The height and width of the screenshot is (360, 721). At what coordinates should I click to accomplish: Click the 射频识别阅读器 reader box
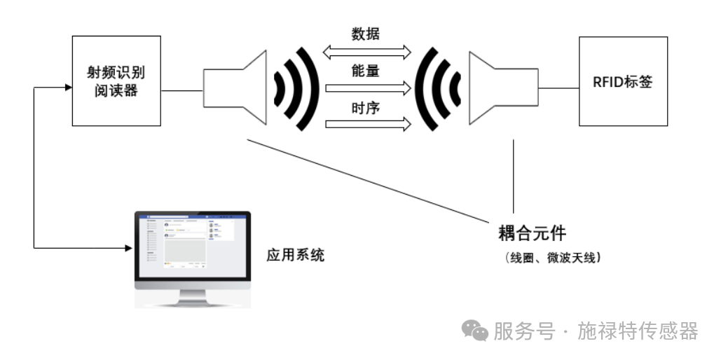(116, 81)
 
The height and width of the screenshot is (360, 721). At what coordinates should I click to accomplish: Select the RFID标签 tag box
(623, 81)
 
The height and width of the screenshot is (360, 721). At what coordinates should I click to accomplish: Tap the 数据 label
(366, 33)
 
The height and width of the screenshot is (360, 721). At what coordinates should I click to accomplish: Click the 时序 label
(366, 109)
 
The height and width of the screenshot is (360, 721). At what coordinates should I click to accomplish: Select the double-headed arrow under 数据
(366, 51)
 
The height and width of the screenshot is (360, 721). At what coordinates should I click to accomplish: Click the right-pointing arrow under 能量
(366, 88)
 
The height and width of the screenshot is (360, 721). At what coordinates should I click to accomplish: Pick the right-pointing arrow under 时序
(366, 125)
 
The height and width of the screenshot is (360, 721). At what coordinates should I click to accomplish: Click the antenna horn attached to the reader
(235, 88)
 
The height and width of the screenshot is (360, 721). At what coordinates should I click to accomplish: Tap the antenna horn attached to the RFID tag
(498, 88)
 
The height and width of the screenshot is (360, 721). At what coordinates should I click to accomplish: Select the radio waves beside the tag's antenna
(437, 88)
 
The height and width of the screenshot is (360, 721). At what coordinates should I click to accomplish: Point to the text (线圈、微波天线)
(552, 258)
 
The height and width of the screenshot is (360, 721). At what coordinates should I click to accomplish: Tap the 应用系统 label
(296, 255)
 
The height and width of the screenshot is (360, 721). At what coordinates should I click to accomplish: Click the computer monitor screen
(192, 244)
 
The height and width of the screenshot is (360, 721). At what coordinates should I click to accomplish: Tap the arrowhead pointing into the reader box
(68, 88)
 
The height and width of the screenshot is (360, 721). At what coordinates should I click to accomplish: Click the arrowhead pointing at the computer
(129, 247)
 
